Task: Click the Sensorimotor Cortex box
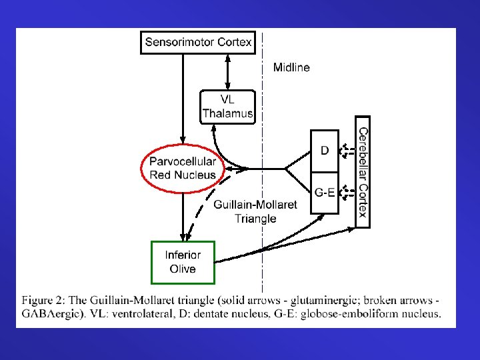(198, 43)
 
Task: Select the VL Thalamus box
(227, 107)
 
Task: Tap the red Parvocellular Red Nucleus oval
(182, 168)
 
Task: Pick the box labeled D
(325, 151)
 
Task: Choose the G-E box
(325, 193)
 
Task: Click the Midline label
(291, 67)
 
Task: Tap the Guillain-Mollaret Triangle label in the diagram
(255, 211)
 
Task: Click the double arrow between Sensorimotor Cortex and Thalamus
(228, 71)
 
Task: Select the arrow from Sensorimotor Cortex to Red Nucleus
(182, 100)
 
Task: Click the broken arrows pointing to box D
(346, 151)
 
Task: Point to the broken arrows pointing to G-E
(346, 193)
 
